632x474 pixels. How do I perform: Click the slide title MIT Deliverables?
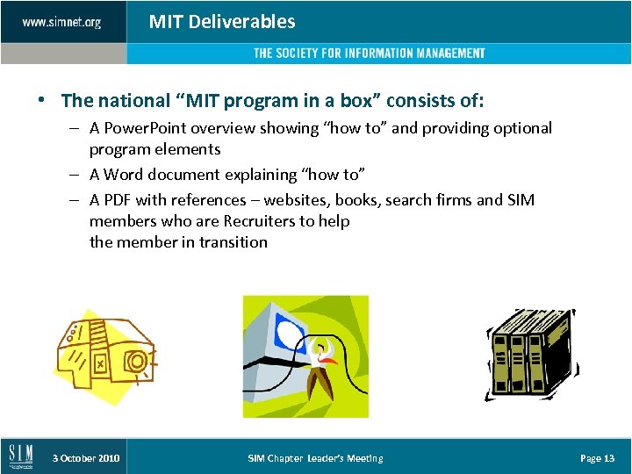222,22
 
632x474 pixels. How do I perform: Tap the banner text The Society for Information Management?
369,54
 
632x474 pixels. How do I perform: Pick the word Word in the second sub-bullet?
124,175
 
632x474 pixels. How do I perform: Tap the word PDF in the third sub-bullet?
118,200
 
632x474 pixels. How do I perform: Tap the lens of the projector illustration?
136,360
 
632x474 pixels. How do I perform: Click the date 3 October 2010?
85,458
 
